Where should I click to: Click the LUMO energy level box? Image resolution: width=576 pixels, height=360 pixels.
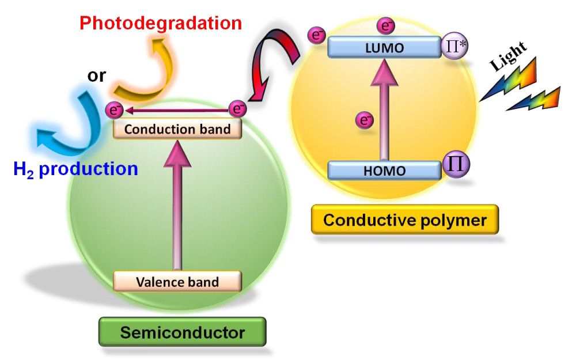click(x=383, y=47)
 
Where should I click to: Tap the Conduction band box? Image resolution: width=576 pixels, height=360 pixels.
click(x=177, y=129)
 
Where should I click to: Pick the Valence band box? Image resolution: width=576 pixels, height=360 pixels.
click(x=177, y=282)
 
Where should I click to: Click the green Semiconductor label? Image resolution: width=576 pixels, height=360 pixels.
click(x=182, y=332)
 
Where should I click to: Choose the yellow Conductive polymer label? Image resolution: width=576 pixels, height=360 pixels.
click(x=404, y=219)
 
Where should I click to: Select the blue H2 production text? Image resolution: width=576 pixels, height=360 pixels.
click(x=76, y=169)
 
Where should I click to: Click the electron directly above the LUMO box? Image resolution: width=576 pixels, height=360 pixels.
click(x=385, y=25)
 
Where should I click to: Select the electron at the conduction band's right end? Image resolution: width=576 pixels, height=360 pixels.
click(x=237, y=108)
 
